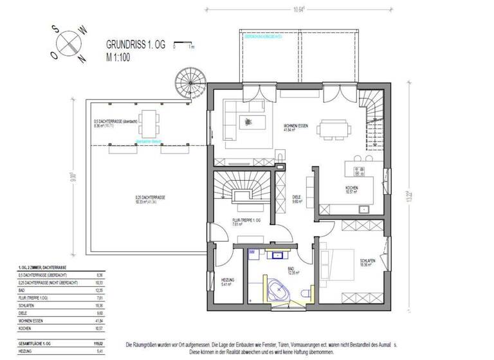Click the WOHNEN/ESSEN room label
[297, 126]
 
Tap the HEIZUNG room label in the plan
[228, 280]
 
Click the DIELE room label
[297, 198]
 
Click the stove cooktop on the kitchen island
[358, 171]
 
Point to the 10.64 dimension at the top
[298, 10]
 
